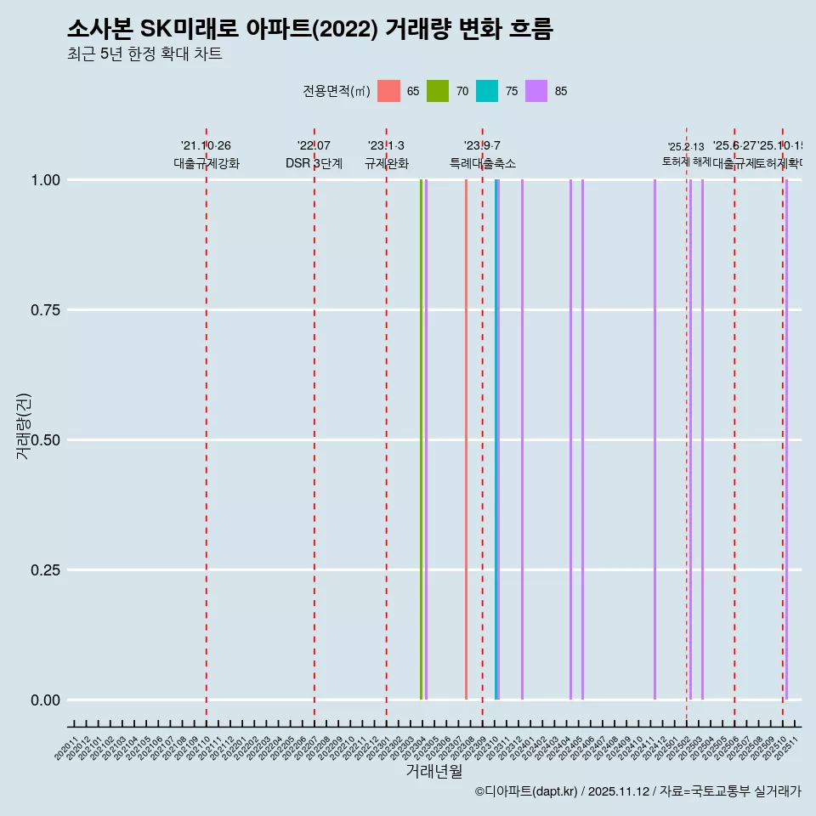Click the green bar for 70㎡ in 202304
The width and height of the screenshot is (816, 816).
click(421, 439)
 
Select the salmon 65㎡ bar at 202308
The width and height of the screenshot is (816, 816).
click(466, 439)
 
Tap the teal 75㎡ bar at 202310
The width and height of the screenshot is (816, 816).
click(496, 439)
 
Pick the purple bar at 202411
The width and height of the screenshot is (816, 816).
click(654, 439)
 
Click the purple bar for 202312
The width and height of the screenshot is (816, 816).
click(522, 439)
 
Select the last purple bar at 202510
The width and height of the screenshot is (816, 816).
click(787, 439)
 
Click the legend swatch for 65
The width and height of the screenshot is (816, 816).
click(388, 91)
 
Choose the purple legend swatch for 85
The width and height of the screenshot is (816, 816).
click(536, 91)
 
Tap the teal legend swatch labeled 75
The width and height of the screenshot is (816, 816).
click(487, 91)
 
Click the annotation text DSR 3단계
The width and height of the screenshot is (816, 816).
click(314, 163)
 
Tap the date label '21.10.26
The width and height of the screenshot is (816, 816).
click(206, 146)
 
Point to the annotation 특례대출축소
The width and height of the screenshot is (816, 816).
click(483, 163)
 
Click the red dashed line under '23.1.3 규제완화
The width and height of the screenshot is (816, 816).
click(387, 425)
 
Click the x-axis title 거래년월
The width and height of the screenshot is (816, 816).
click(433, 771)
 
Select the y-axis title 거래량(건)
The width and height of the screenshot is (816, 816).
click(24, 426)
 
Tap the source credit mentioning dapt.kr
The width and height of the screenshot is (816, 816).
click(637, 792)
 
